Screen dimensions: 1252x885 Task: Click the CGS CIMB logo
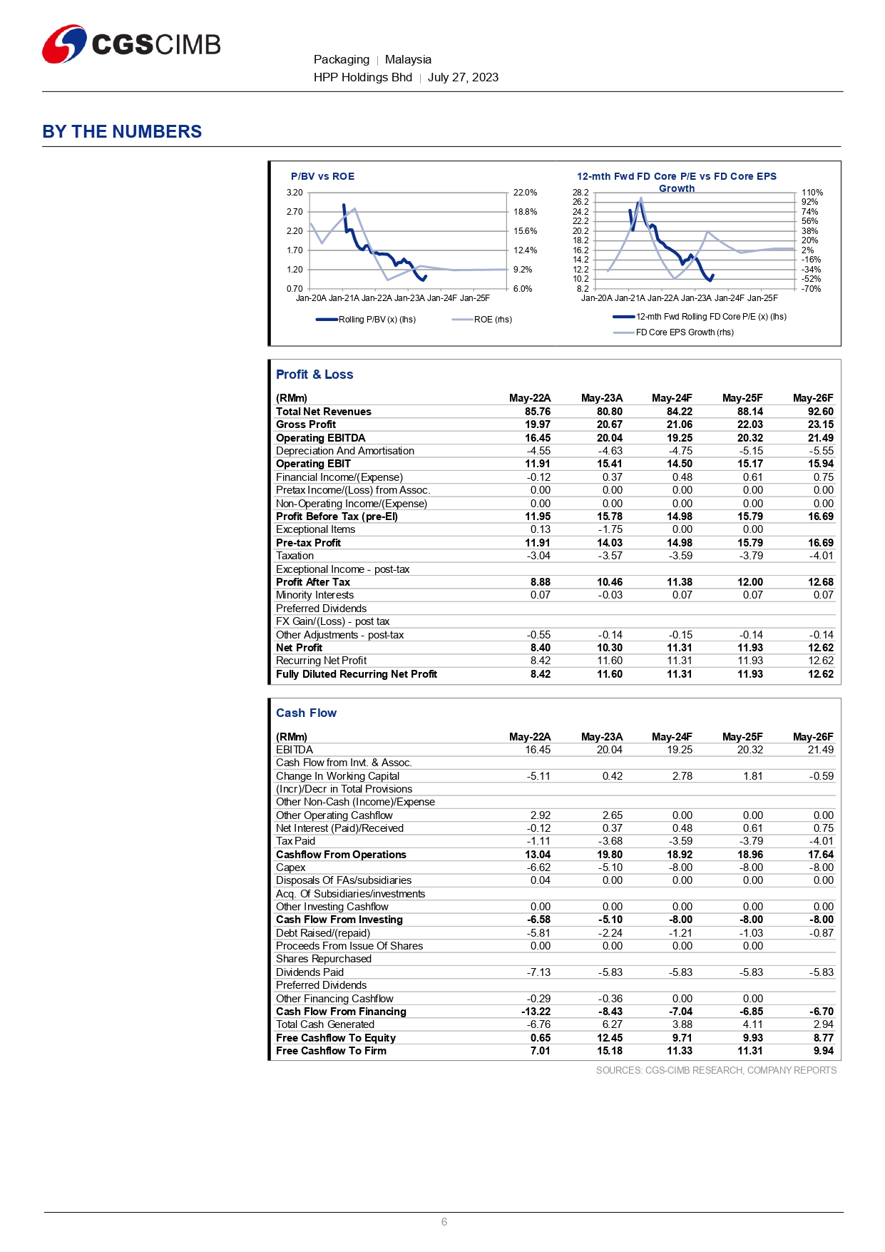point(131,44)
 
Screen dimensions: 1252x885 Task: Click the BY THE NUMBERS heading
point(122,132)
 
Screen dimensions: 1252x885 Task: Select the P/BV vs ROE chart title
point(322,176)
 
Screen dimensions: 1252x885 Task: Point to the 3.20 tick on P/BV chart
point(295,193)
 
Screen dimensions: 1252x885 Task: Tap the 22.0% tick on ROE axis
point(525,193)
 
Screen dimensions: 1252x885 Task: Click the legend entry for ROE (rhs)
point(492,320)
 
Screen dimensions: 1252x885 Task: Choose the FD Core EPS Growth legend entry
point(684,332)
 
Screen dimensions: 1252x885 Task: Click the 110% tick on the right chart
point(812,193)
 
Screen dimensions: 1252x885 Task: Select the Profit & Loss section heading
point(314,375)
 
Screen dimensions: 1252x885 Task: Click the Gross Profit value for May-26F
point(820,424)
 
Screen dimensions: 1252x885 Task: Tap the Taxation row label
point(295,556)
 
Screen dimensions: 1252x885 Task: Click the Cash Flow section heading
point(306,713)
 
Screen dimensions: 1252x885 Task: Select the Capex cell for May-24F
point(682,867)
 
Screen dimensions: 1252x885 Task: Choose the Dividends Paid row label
point(310,972)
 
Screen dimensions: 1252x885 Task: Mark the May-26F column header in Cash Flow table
point(812,737)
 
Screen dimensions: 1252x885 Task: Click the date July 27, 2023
point(463,78)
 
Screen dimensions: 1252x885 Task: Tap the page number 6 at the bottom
point(444,1222)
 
